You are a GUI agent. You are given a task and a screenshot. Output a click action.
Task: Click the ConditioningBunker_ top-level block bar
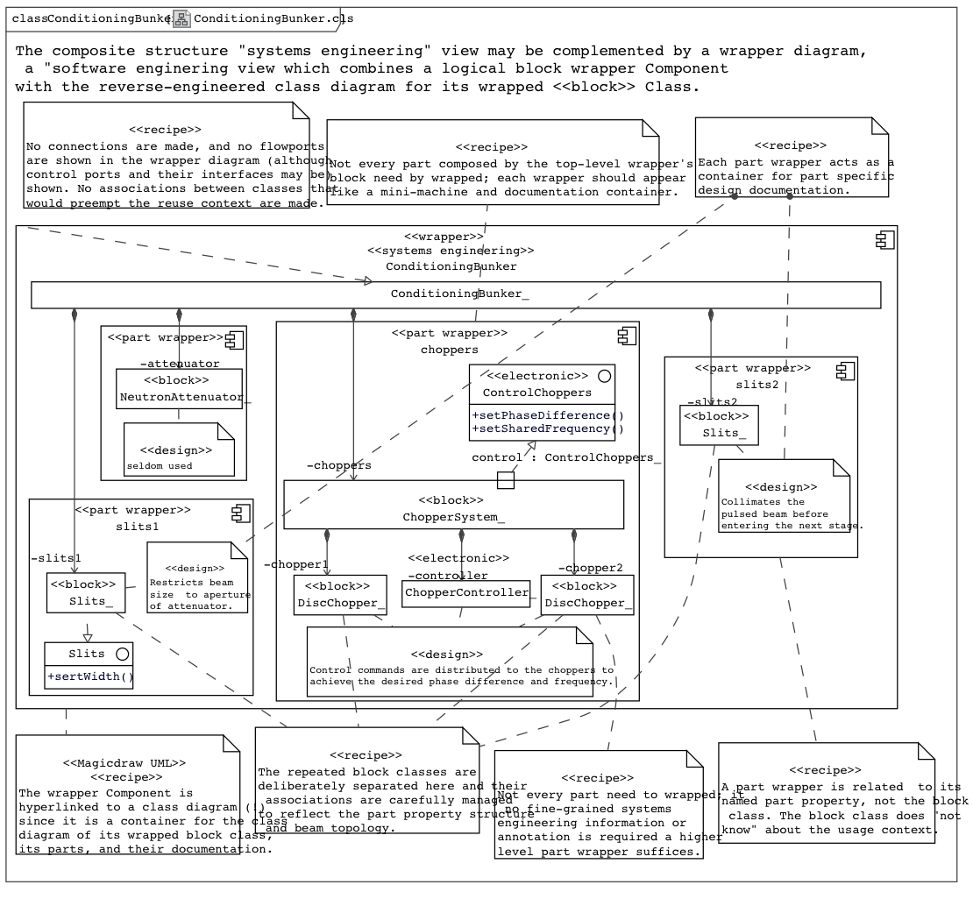coord(456,294)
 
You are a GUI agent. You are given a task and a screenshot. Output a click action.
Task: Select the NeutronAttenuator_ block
coord(179,389)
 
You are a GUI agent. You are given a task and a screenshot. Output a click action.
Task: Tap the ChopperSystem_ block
coord(453,505)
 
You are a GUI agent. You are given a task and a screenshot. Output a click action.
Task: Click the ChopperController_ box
coord(466,593)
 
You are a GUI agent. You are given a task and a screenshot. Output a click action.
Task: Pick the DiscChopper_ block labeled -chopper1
coord(340,594)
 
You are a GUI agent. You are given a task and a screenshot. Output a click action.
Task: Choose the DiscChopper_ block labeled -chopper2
coord(586,594)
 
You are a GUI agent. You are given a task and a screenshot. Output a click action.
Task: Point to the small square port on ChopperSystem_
coord(506,480)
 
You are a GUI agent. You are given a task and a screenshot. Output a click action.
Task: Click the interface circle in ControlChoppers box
coord(603,376)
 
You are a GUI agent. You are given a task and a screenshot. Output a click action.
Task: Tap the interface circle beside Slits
coord(122,654)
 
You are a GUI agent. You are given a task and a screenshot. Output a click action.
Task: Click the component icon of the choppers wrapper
coord(626,335)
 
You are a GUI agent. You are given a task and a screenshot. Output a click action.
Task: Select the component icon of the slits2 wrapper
coord(845,370)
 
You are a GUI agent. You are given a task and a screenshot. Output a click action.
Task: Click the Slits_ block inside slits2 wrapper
coord(719,425)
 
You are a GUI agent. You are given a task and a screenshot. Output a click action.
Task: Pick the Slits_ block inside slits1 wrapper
coord(85,593)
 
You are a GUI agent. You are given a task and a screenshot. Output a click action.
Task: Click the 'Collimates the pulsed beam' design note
coord(784,501)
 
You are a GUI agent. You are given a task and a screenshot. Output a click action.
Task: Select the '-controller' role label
coord(447,576)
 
